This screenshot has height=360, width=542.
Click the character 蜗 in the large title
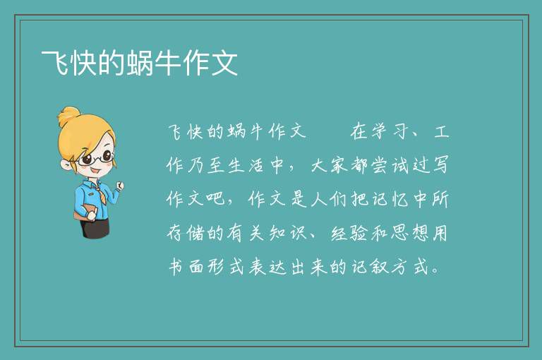click(x=140, y=63)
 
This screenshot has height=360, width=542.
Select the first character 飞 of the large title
click(x=55, y=63)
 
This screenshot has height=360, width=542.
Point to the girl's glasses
click(x=96, y=158)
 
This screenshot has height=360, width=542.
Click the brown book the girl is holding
click(x=85, y=213)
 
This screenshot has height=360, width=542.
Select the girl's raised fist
click(x=120, y=186)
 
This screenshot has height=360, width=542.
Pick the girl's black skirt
click(x=95, y=228)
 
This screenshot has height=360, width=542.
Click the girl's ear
click(x=66, y=164)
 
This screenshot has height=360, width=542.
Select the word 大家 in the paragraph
click(x=329, y=165)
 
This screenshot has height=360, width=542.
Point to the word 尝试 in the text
click(x=390, y=165)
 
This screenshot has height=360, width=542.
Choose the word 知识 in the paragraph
click(x=288, y=233)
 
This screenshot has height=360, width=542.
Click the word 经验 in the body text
click(x=349, y=233)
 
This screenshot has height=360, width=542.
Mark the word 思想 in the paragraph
click(x=410, y=233)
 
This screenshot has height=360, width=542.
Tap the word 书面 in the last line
click(x=186, y=267)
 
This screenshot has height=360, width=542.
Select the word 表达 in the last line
click(x=268, y=267)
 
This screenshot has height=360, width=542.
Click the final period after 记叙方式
click(x=436, y=271)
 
